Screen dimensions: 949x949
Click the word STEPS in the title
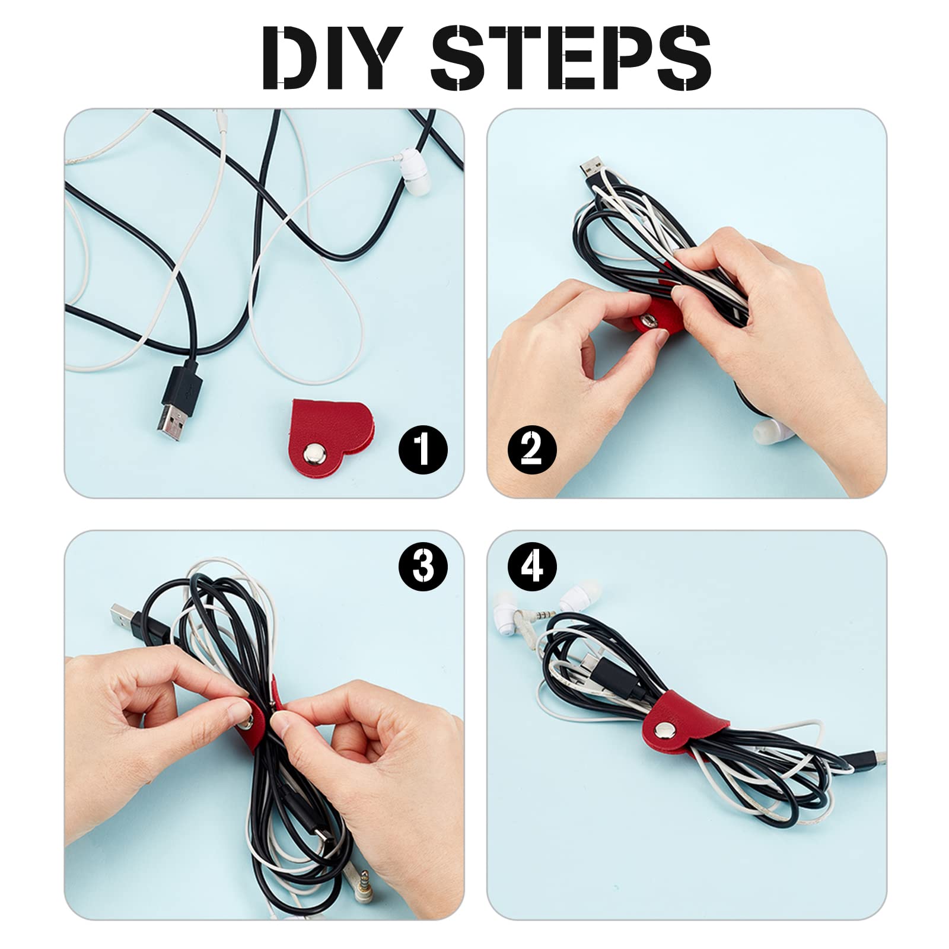click(x=570, y=58)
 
